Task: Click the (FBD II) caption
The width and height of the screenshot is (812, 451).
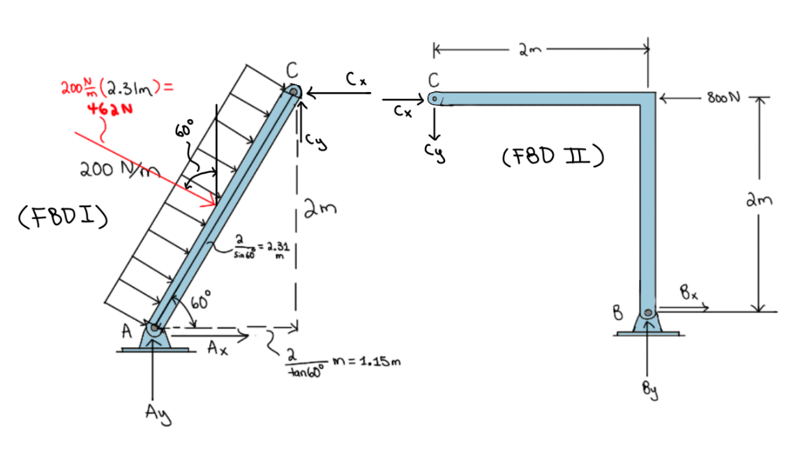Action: [x=552, y=155]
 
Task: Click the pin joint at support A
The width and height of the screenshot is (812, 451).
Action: [x=153, y=326]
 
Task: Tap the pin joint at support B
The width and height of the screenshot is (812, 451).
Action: [x=648, y=313]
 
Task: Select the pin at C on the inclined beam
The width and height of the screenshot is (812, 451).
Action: [x=294, y=91]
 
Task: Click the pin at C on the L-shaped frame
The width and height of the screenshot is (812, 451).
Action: [x=435, y=99]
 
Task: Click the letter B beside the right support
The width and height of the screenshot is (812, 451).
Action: [x=617, y=313]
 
